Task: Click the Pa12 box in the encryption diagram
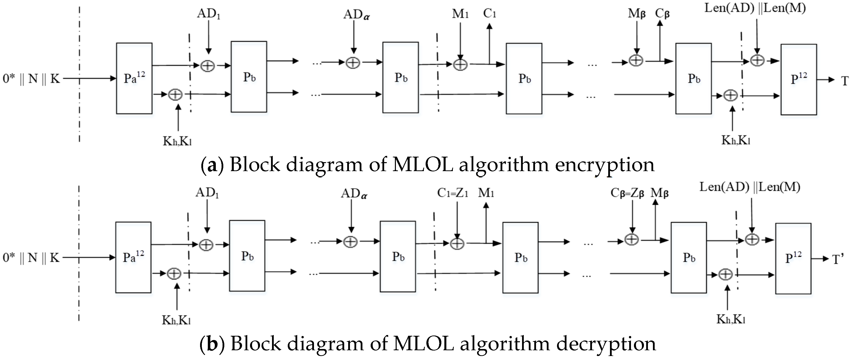pyautogui.click(x=134, y=78)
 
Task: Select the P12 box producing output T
pyautogui.click(x=798, y=80)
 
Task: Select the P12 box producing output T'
pyautogui.click(x=793, y=258)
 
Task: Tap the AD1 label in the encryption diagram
pyautogui.click(x=208, y=14)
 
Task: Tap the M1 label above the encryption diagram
pyautogui.click(x=460, y=14)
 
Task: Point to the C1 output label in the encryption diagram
pyautogui.click(x=490, y=13)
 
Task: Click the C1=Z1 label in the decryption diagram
pyautogui.click(x=452, y=193)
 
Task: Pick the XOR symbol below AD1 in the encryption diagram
pyautogui.click(x=208, y=66)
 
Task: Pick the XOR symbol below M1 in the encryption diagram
pyautogui.click(x=460, y=64)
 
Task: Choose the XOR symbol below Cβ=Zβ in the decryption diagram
pyautogui.click(x=631, y=240)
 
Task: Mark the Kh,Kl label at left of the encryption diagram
pyautogui.click(x=177, y=141)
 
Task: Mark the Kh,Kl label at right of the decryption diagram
pyautogui.click(x=731, y=319)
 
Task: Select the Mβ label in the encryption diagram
pyautogui.click(x=636, y=14)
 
